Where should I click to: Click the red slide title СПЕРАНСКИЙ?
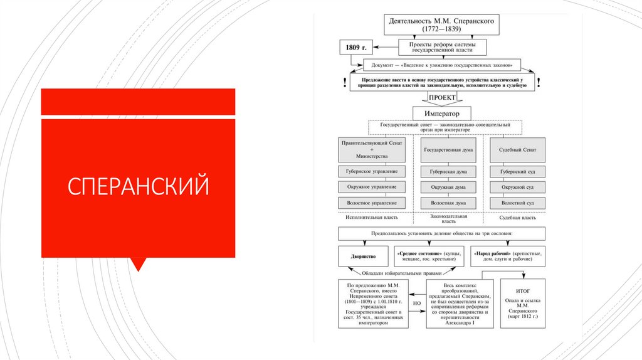pos(137,186)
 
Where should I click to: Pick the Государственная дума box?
pos(448,151)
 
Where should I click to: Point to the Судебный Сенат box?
pos(517,151)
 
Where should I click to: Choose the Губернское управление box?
pos(372,171)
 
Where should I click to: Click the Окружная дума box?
pos(448,187)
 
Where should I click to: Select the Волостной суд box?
pos(517,203)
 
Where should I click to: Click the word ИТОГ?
pos(522,291)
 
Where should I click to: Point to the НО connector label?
pos(417,303)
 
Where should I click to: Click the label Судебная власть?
pos(517,218)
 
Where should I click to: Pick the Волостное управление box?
pos(372,203)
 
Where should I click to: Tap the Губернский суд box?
pos(517,171)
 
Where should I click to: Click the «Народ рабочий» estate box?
pos(507,256)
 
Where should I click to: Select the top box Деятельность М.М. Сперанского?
pos(442,24)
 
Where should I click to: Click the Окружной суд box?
pos(517,187)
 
